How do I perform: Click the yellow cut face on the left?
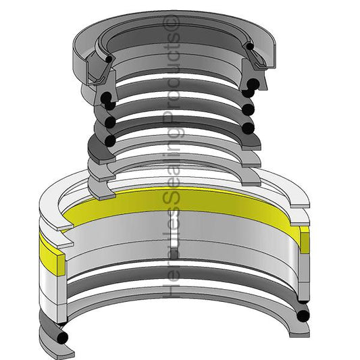(61, 265)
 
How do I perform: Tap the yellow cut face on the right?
(305, 243)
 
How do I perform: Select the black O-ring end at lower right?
(303, 316)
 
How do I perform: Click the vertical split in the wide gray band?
(175, 234)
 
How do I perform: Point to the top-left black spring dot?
(109, 59)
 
